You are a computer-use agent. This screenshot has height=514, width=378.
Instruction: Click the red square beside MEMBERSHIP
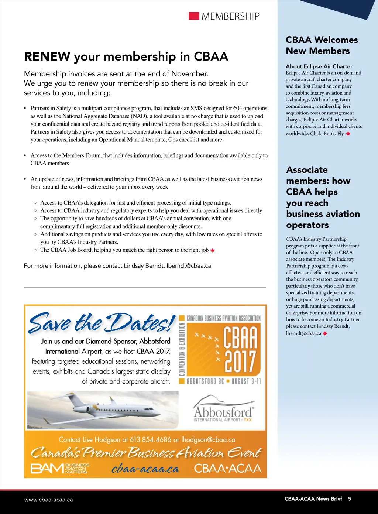click(194, 16)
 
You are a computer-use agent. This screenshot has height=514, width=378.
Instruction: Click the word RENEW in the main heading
click(47, 56)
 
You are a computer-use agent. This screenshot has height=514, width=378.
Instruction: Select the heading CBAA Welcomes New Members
click(322, 45)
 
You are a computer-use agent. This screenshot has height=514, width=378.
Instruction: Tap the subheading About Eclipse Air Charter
click(319, 66)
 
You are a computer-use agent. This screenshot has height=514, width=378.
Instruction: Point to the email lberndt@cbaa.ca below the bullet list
click(189, 266)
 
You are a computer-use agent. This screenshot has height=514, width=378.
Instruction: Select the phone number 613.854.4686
click(150, 440)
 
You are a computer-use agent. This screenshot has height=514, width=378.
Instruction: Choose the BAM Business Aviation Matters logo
click(59, 468)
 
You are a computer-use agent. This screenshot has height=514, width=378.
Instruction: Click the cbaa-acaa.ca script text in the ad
click(145, 469)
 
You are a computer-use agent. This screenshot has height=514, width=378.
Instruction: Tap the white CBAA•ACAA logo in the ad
click(227, 468)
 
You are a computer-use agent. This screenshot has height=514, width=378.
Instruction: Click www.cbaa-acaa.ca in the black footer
click(48, 500)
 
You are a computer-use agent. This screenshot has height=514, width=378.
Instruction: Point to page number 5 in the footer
click(350, 499)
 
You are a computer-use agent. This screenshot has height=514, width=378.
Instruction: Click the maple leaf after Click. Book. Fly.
click(348, 134)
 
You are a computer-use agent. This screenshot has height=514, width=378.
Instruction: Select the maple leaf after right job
click(213, 250)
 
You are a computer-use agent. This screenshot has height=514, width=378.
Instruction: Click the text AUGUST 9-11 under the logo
click(246, 381)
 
